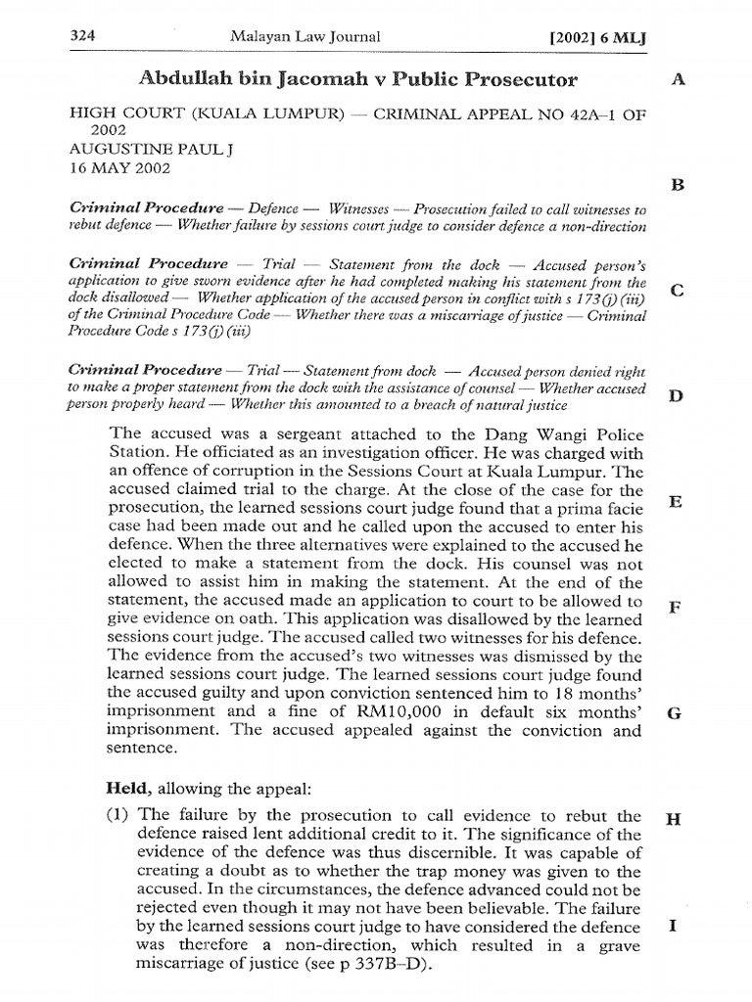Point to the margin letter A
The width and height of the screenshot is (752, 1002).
click(x=676, y=79)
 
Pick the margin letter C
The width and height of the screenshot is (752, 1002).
click(x=674, y=291)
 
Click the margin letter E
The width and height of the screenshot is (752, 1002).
click(x=674, y=502)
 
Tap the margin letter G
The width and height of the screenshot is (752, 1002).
click(x=674, y=712)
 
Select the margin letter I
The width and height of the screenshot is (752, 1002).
click(x=674, y=924)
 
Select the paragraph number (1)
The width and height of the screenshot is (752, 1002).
click(x=120, y=815)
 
